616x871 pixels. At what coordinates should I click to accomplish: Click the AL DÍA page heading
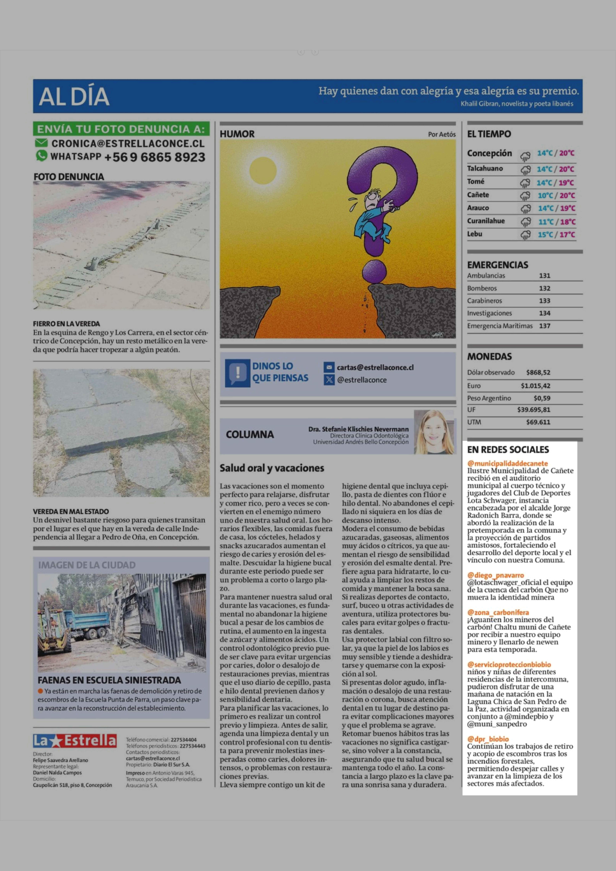[74, 96]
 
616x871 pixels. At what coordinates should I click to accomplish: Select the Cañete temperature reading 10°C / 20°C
[556, 195]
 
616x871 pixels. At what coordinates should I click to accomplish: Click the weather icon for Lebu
[525, 235]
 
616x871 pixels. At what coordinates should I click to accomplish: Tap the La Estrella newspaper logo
[74, 740]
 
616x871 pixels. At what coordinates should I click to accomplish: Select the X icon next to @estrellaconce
[329, 380]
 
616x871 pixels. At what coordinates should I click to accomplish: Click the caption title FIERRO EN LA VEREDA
[66, 324]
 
